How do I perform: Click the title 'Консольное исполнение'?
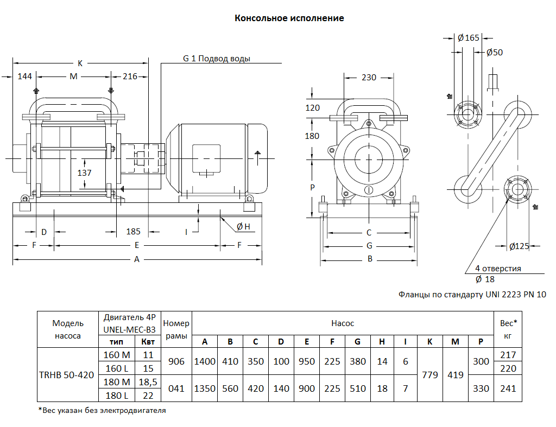point(289,18)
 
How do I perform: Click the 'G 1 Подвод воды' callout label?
point(216,59)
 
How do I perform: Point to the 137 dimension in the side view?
point(84,173)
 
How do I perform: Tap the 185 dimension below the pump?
point(134,231)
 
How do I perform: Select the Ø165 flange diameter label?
point(469,38)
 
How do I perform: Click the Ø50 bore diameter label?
point(495,53)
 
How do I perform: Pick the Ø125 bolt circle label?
point(519,246)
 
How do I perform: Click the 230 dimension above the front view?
point(369,77)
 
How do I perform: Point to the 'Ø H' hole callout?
point(243,227)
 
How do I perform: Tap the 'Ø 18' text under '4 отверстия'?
point(485,279)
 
